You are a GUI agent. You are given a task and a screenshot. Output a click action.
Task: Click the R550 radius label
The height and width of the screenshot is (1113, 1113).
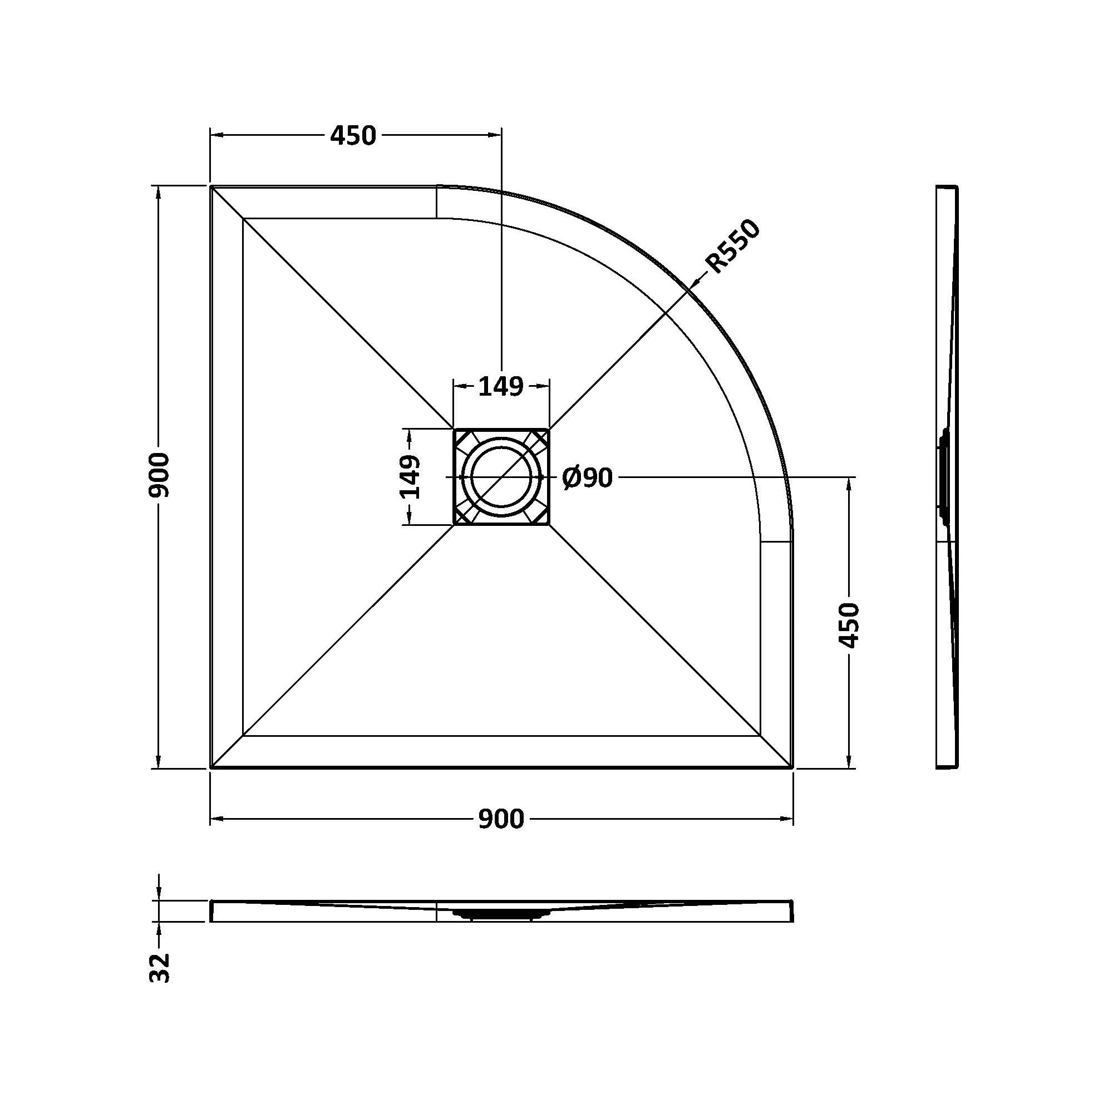click(733, 247)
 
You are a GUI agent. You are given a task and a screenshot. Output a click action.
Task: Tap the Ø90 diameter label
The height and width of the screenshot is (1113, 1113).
click(587, 478)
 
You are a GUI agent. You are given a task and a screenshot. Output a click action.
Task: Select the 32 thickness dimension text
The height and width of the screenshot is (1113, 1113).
click(160, 967)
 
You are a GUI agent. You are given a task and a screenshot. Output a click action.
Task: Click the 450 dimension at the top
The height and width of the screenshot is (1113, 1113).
click(353, 135)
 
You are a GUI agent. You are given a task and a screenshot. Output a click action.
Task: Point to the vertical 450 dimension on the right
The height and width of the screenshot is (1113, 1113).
click(849, 625)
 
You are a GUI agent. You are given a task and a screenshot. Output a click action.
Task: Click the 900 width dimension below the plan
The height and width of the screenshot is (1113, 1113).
click(501, 819)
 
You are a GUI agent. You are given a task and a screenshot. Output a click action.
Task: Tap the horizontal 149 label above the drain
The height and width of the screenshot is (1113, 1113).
click(501, 387)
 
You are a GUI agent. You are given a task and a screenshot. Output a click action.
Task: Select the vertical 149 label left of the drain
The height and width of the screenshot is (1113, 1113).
click(410, 477)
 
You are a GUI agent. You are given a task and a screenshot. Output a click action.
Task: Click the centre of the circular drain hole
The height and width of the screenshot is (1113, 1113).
click(501, 477)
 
